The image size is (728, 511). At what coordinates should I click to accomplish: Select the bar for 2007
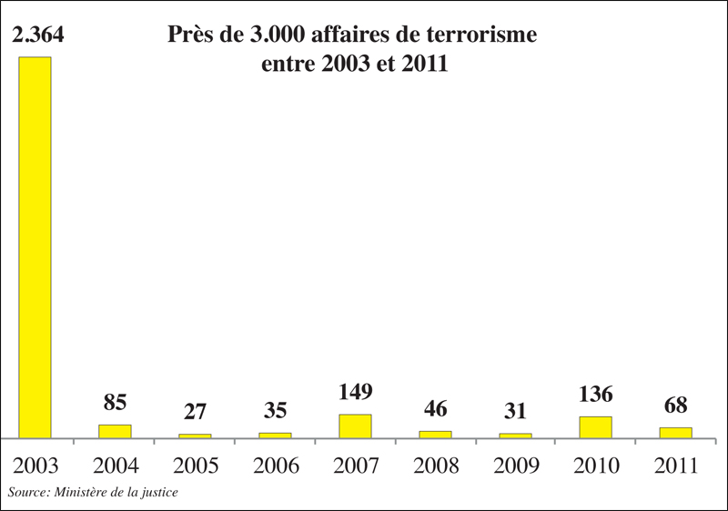pos(355,426)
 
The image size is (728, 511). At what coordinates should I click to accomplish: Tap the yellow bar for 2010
pos(595,427)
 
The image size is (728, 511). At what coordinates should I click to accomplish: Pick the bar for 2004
pos(115,431)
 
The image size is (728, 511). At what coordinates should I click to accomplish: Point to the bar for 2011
pos(675,433)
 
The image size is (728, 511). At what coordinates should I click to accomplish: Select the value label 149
pos(355,392)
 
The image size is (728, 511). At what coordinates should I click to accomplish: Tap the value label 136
pos(595,395)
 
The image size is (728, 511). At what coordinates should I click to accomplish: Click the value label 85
pos(115,403)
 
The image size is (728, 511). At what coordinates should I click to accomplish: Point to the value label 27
pos(195,412)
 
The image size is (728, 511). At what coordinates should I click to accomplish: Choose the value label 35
pos(275,411)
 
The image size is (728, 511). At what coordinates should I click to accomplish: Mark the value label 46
pos(435,409)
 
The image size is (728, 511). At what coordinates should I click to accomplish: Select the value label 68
pos(675,406)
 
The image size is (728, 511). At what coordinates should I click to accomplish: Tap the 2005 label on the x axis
pos(195,466)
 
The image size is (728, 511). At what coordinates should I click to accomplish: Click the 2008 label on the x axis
pos(435,466)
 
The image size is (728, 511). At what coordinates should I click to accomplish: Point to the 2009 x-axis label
pos(515,466)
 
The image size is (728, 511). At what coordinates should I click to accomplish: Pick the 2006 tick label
pos(275,466)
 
